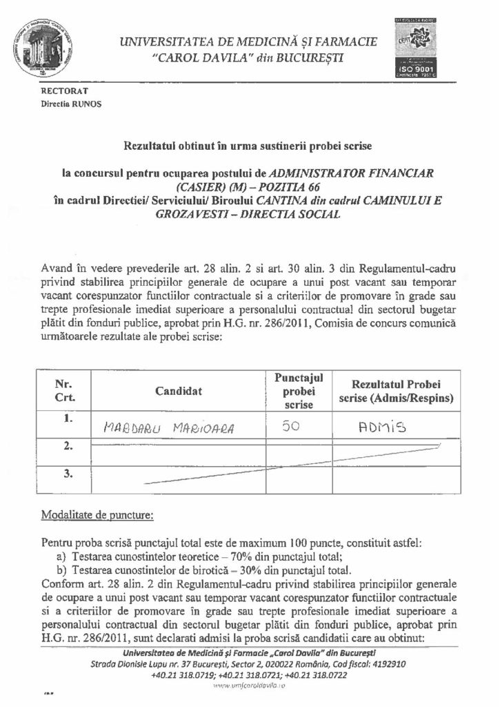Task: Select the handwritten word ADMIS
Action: tap(379, 427)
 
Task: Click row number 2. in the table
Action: tap(68, 447)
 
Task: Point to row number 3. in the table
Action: tap(68, 474)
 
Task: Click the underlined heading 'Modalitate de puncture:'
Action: tap(98, 515)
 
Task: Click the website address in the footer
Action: tap(249, 687)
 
